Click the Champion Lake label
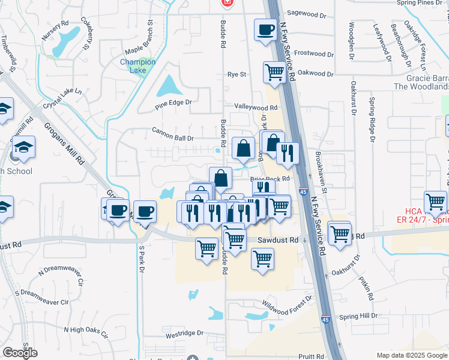click(137, 66)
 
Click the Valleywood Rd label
click(256, 107)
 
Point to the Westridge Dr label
click(185, 333)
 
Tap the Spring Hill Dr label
click(358, 316)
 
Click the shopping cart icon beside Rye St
click(274, 72)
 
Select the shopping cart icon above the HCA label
click(435, 202)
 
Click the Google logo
click(20, 353)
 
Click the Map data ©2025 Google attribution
click(411, 355)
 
